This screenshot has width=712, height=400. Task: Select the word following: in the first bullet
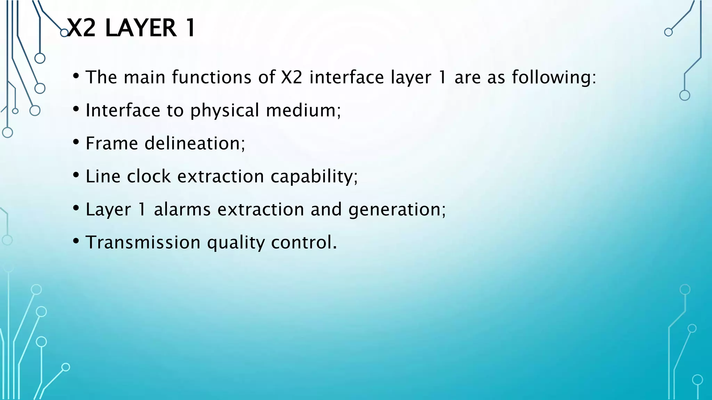click(554, 77)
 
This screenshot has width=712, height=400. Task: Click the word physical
click(225, 110)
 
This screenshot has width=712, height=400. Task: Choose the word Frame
click(112, 143)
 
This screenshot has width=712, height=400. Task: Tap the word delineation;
click(195, 143)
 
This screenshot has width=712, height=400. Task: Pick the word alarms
click(182, 209)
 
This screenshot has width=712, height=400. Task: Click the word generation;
click(397, 210)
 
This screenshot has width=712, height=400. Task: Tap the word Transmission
click(143, 242)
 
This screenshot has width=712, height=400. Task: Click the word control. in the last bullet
click(304, 242)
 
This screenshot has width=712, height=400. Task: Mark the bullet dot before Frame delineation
click(76, 142)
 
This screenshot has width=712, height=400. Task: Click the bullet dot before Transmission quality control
click(76, 241)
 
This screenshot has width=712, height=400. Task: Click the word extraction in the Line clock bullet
click(221, 176)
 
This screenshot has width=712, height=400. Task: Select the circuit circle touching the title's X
click(64, 33)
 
